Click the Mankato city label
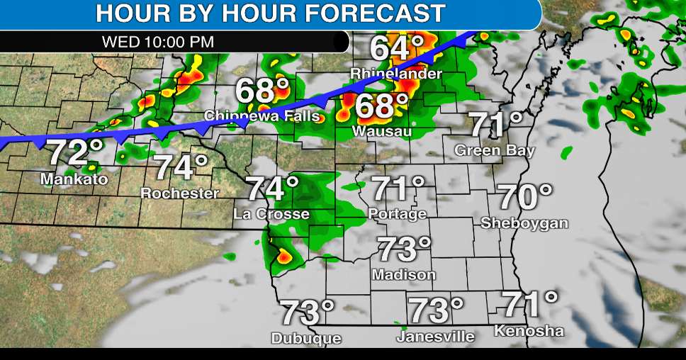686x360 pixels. pyautogui.click(x=74, y=179)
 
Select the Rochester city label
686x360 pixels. pyautogui.click(x=180, y=193)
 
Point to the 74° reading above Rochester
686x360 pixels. pyautogui.click(x=181, y=167)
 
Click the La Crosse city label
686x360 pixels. pyautogui.click(x=272, y=213)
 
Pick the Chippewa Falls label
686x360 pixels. pyautogui.click(x=262, y=116)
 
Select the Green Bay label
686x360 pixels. pyautogui.click(x=495, y=151)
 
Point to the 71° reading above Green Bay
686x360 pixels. pyautogui.click(x=497, y=125)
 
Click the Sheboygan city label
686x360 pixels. pyautogui.click(x=524, y=223)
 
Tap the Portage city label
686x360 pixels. pyautogui.click(x=398, y=213)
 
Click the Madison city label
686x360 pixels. pyautogui.click(x=403, y=274)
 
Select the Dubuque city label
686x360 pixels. pyautogui.click(x=306, y=339)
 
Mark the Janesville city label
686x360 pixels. pyautogui.click(x=435, y=337)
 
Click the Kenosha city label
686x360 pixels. pyautogui.click(x=529, y=331)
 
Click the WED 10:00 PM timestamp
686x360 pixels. pyautogui.click(x=158, y=41)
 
